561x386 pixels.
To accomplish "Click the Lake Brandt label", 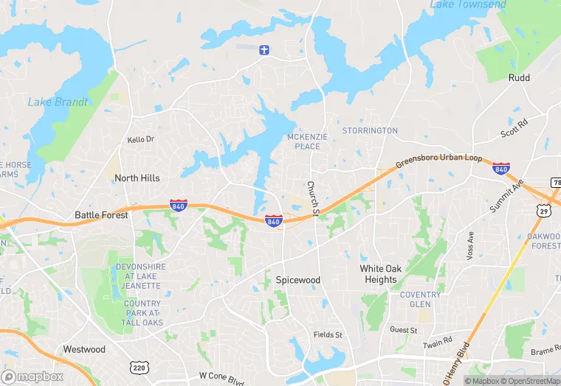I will click(x=58, y=102).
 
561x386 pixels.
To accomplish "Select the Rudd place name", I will click(x=519, y=77).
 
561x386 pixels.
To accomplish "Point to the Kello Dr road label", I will click(x=140, y=139).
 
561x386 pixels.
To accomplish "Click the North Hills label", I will click(x=137, y=178).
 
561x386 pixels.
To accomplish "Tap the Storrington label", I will click(x=370, y=131).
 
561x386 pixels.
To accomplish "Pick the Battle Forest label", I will click(x=101, y=215).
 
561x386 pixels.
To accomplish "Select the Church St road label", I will click(x=312, y=199).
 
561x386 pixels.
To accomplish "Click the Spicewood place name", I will click(x=298, y=281).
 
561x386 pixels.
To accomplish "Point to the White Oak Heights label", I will click(x=381, y=274).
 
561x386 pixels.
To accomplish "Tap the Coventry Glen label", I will click(x=420, y=300).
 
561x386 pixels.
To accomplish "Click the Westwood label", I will click(x=84, y=349).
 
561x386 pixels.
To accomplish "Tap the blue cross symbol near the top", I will click(x=264, y=50).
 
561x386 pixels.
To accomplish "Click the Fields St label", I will click(x=328, y=335).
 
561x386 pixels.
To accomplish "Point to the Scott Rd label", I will click(x=514, y=128).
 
